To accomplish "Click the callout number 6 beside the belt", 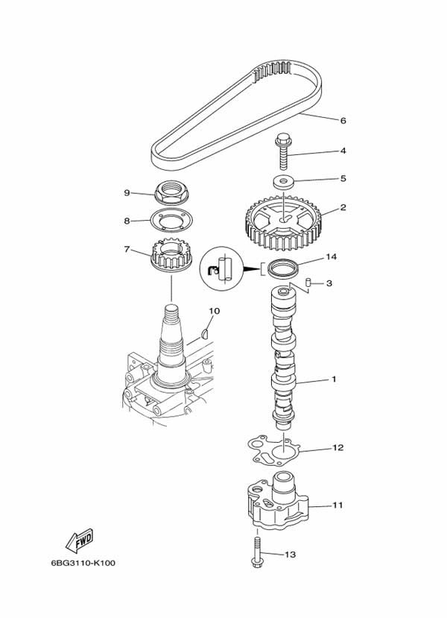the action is [343, 120].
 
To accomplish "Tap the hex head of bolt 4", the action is [282, 139].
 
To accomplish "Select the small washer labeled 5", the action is [283, 182].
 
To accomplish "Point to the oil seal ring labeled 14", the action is [283, 269].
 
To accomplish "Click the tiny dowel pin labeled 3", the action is [309, 283].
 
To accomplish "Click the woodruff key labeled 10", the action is [204, 334].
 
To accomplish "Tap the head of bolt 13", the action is [257, 562].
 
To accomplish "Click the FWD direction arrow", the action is [79, 540].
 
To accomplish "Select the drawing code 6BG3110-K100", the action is [83, 563].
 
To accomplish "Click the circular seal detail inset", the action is [219, 266].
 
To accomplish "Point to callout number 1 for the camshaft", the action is [334, 379].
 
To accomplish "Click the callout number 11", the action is [338, 505].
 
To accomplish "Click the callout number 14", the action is [332, 257].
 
